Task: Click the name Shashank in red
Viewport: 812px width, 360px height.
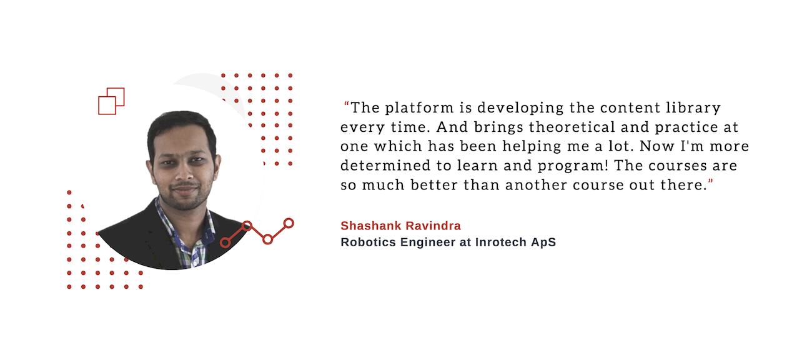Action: coord(370,226)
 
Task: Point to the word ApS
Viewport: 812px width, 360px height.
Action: coord(543,242)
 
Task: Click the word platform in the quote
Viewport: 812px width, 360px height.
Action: coord(419,107)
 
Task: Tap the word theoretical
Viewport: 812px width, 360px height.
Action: coord(572,127)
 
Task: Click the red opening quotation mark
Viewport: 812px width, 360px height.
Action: coord(347,104)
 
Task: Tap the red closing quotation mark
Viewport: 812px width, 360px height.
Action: coord(710,181)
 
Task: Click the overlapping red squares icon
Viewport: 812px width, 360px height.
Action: coord(111,101)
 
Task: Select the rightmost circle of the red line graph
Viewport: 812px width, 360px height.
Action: coord(289,223)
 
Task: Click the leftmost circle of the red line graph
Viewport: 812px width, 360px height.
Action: coord(225,242)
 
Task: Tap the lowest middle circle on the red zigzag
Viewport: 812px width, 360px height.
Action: coord(267,239)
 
